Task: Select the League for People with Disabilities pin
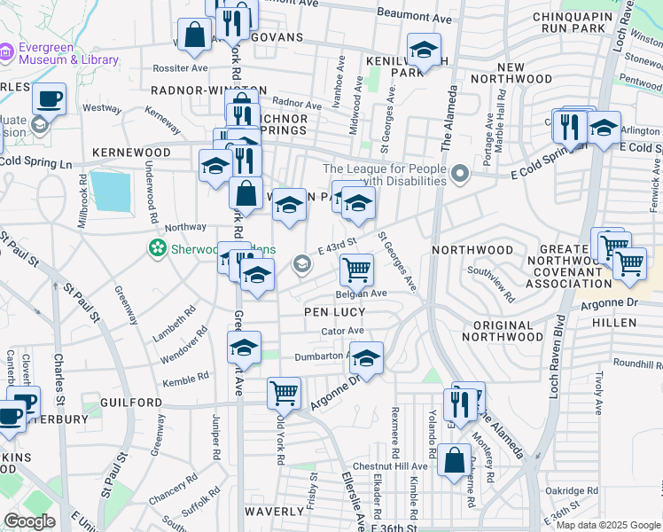(x=459, y=174)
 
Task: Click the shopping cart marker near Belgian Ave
(x=356, y=268)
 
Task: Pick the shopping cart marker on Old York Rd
(x=284, y=391)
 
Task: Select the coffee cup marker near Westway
(x=50, y=98)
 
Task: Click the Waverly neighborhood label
(x=275, y=512)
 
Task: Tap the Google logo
(x=29, y=521)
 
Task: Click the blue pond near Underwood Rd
(x=111, y=191)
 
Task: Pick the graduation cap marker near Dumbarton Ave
(x=365, y=357)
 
